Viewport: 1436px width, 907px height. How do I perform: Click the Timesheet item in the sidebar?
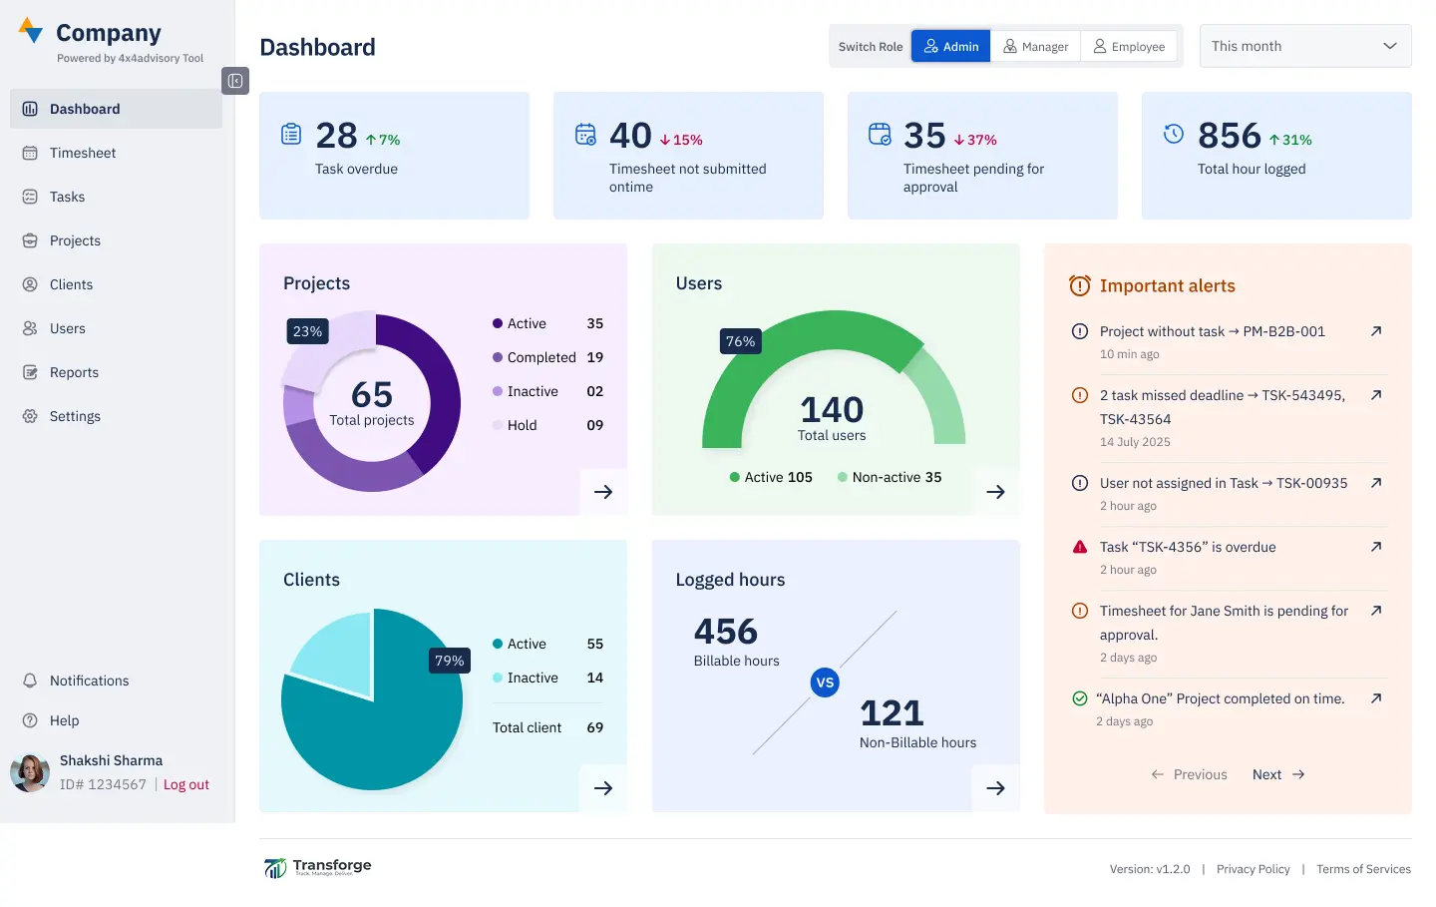[x=83, y=153]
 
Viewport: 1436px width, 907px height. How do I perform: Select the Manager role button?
[x=1035, y=47]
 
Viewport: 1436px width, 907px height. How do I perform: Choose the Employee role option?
[x=1129, y=47]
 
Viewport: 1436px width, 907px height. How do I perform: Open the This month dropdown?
[x=1304, y=46]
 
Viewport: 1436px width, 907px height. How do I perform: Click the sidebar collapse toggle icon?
[x=235, y=81]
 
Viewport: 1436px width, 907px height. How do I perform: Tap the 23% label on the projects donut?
[x=307, y=331]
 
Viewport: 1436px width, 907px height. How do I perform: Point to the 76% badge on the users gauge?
[x=740, y=341]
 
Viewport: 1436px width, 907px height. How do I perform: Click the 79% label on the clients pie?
[x=449, y=661]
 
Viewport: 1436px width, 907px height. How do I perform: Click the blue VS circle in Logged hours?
[x=825, y=682]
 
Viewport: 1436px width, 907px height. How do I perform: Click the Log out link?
[x=186, y=785]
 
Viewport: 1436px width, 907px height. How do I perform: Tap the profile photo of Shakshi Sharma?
[x=30, y=772]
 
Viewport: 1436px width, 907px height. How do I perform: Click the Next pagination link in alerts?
[x=1277, y=774]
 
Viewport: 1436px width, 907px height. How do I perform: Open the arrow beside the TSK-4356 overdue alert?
[x=1376, y=547]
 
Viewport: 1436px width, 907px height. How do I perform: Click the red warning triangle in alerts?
[x=1079, y=547]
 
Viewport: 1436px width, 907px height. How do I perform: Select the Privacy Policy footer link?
[x=1253, y=869]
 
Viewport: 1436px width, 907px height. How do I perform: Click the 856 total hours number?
[x=1229, y=136]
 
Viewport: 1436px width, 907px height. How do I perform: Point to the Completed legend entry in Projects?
[x=540, y=357]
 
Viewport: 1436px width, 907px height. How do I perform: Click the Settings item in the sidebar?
[x=75, y=416]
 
